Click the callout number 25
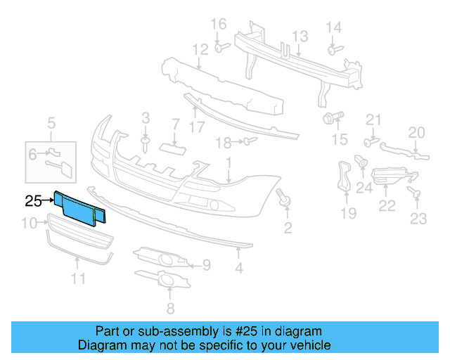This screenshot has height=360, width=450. tap(33, 200)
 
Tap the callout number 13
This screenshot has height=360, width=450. tap(300, 36)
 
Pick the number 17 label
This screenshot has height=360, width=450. tap(196, 127)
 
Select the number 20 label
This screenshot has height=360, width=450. tap(417, 131)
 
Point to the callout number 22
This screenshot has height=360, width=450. tap(387, 205)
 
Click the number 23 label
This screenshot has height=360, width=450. tap(418, 219)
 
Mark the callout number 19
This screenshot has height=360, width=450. tap(349, 213)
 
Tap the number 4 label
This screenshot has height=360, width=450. tap(239, 267)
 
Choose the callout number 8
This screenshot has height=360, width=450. tap(169, 309)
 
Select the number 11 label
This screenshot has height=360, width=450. tap(77, 278)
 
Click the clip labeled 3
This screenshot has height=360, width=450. tap(146, 143)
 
